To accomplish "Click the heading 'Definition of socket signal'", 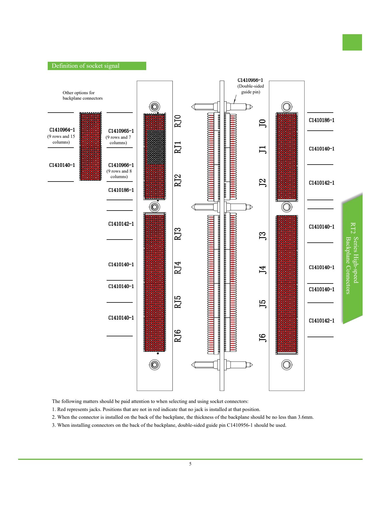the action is (85, 66).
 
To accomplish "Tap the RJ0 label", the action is (178, 121).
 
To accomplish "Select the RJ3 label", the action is (178, 234).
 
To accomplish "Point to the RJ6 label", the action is (178, 336).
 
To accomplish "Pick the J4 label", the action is (263, 270).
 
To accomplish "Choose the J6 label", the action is (263, 338).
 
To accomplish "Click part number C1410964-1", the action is (62, 130).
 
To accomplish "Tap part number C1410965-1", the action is (121, 131).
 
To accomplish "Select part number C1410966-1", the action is (121, 165).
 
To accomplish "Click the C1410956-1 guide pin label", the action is (250, 80).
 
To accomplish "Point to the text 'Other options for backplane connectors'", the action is (82, 95).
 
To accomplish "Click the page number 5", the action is (190, 464).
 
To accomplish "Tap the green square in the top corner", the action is (352, 42).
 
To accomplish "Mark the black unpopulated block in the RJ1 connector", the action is (156, 147).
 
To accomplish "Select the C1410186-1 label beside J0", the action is (322, 120).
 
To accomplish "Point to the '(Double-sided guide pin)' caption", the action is (251, 89).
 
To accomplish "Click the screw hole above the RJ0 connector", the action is (155, 107).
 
